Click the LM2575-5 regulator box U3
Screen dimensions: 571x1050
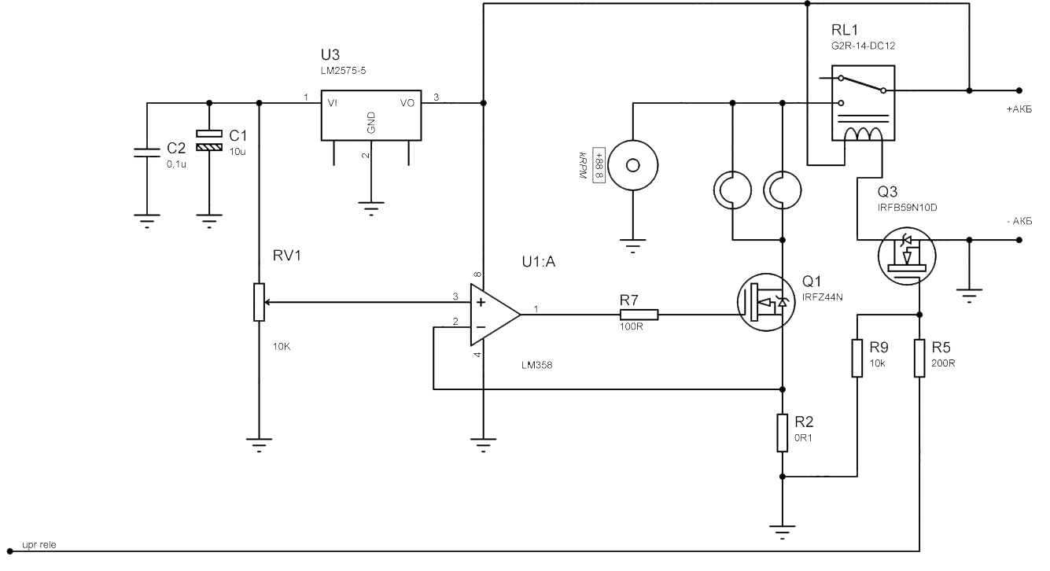(x=371, y=115)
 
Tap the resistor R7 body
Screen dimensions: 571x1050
(x=638, y=315)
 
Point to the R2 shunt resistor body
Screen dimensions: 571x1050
(x=782, y=433)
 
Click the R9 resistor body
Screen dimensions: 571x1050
(x=857, y=358)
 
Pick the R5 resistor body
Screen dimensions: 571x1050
(x=919, y=358)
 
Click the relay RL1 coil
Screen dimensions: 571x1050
(x=863, y=134)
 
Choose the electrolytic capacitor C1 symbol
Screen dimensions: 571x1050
(x=208, y=140)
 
